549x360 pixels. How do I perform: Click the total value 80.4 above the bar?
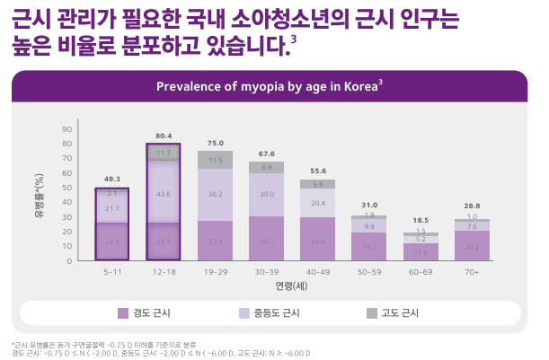tap(164, 136)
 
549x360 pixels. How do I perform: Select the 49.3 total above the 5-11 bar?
tap(112, 180)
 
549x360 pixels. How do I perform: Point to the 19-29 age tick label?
tap(215, 271)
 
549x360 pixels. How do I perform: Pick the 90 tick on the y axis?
tap(66, 129)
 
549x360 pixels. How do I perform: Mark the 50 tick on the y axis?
tap(66, 188)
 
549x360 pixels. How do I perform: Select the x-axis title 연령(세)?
tap(292, 285)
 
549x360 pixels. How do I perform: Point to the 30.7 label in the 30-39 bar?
tap(266, 242)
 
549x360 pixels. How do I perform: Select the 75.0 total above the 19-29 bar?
tap(215, 144)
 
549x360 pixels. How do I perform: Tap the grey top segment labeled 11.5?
tap(215, 161)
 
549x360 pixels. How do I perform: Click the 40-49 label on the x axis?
tap(317, 271)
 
